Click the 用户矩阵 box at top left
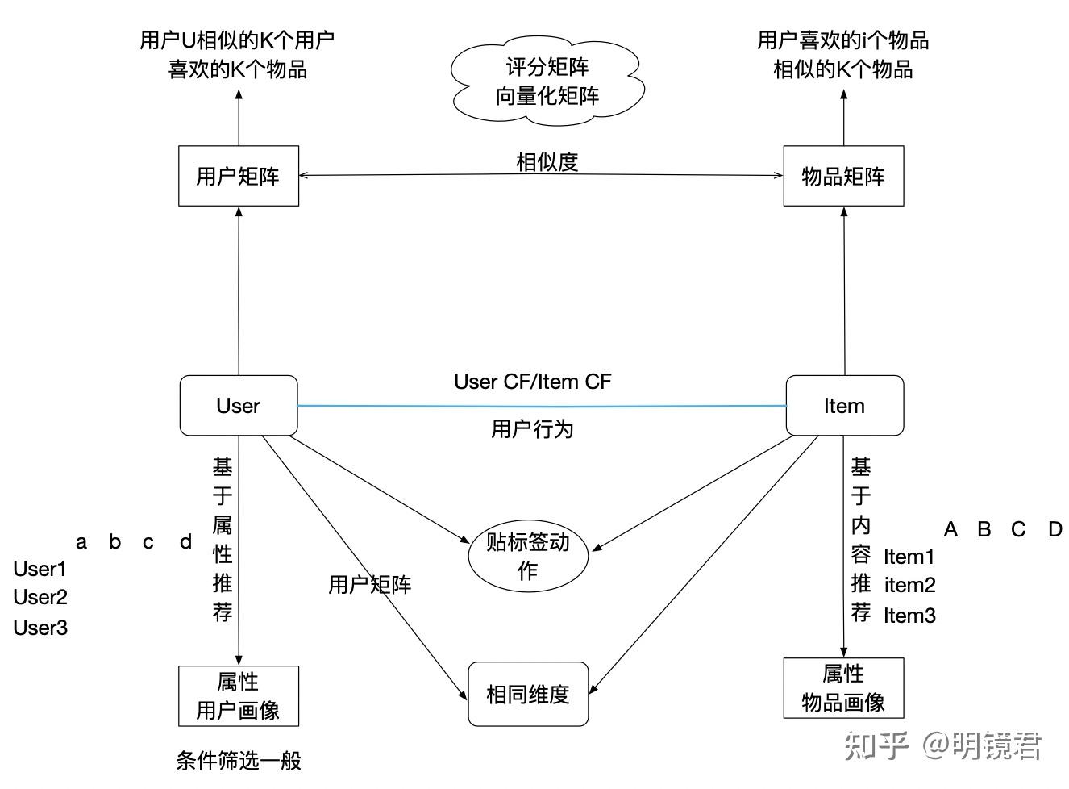[x=238, y=176]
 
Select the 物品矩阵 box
[x=843, y=176]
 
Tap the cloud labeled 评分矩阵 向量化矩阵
[x=547, y=81]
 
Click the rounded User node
[x=238, y=406]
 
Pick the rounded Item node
[x=844, y=406]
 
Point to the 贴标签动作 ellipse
[x=528, y=556]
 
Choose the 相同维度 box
[x=528, y=694]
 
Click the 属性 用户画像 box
[x=238, y=695]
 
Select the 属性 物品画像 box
[x=843, y=688]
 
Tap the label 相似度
[x=547, y=161]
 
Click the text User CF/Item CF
[x=532, y=382]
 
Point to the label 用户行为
[x=532, y=428]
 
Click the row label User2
[x=40, y=598]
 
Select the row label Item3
[x=909, y=616]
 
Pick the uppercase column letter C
[x=1018, y=529]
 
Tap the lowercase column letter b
[x=114, y=541]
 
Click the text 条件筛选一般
[x=238, y=760]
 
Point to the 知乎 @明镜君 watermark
[x=943, y=745]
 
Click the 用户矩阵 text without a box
[x=369, y=585]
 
